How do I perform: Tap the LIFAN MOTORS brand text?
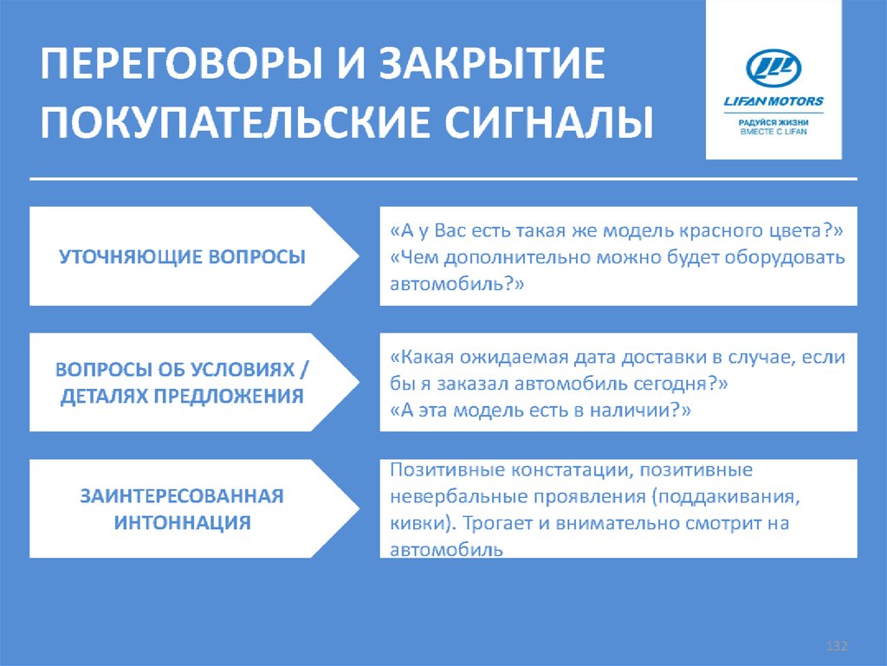click(774, 101)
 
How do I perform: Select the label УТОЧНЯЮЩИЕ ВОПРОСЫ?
click(182, 257)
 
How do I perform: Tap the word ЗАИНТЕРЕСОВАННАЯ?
click(182, 496)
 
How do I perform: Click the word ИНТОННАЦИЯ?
click(182, 522)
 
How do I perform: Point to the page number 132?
click(837, 647)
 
